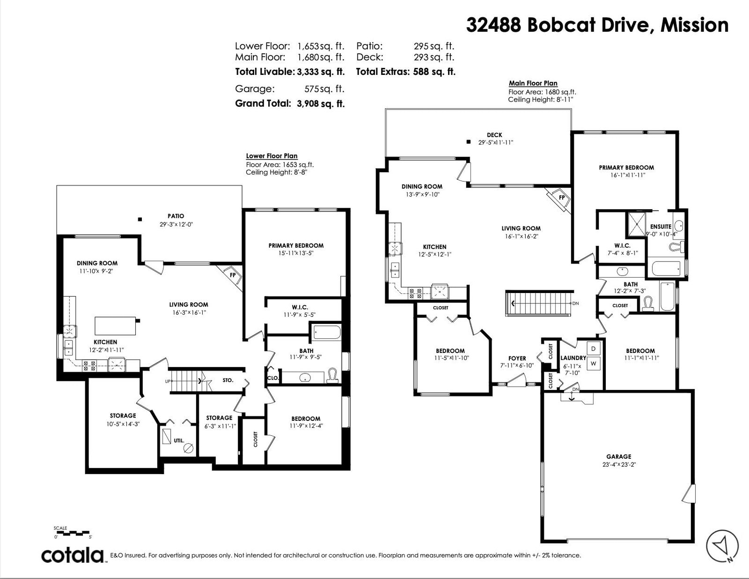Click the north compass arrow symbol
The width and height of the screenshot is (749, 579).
click(722, 546)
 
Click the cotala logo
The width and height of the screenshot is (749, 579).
click(73, 555)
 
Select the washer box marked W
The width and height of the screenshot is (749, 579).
click(594, 363)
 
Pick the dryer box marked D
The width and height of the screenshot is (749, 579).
click(594, 348)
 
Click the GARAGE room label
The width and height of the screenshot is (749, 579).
click(619, 456)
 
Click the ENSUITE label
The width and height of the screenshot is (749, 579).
click(661, 227)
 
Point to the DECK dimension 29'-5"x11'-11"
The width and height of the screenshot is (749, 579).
click(496, 142)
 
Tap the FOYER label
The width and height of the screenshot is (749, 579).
click(517, 359)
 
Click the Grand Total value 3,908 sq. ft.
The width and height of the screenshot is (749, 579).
click(321, 103)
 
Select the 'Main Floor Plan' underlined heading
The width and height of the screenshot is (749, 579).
click(533, 83)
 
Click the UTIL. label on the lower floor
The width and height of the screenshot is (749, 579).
click(179, 440)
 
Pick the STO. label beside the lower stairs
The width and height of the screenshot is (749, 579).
click(228, 380)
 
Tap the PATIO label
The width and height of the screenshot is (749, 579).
click(176, 216)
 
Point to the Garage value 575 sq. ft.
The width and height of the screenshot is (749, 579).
click(324, 89)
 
